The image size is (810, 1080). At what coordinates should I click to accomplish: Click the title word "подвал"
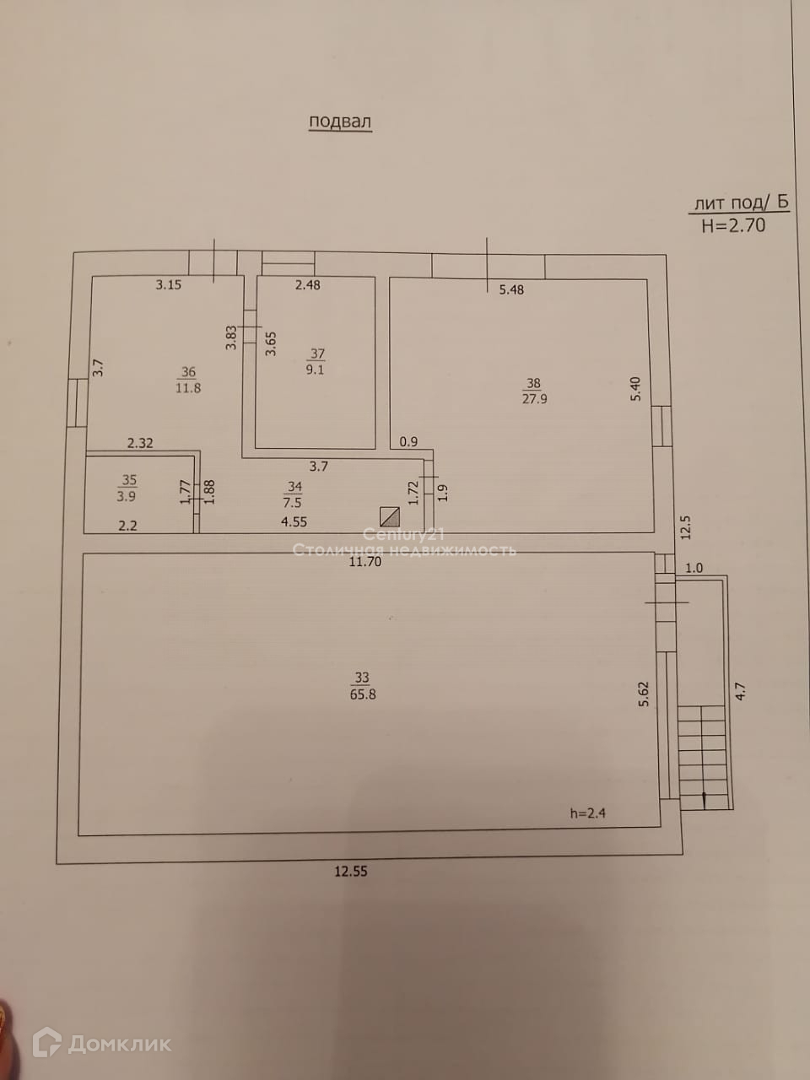point(340,121)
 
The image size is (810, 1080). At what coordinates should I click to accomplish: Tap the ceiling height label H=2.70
point(733,225)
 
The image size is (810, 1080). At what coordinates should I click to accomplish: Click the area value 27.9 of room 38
point(534,399)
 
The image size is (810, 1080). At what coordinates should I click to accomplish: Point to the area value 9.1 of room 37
point(315,370)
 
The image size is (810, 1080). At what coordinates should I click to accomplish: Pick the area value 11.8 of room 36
point(187,388)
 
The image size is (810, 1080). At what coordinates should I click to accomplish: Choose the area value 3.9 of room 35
point(127,496)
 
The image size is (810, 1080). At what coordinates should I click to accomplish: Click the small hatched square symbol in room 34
point(389,516)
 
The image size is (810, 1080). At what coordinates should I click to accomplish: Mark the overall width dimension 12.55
point(351,872)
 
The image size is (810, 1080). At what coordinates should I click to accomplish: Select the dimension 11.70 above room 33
point(366,561)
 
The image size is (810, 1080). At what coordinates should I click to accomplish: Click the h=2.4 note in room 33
point(588,814)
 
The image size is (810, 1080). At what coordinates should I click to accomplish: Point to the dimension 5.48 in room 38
point(511,290)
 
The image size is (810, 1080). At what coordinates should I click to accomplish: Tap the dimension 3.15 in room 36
point(169,285)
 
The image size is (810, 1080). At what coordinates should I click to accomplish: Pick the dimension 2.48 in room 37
point(307,285)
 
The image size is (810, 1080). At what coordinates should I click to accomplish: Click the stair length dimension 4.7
point(740,692)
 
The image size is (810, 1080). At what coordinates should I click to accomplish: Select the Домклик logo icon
point(46,1043)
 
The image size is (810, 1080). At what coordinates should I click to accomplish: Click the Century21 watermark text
point(403,534)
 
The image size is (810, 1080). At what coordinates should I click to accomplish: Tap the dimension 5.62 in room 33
point(644,693)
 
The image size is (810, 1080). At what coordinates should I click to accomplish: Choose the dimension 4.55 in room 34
point(294,522)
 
